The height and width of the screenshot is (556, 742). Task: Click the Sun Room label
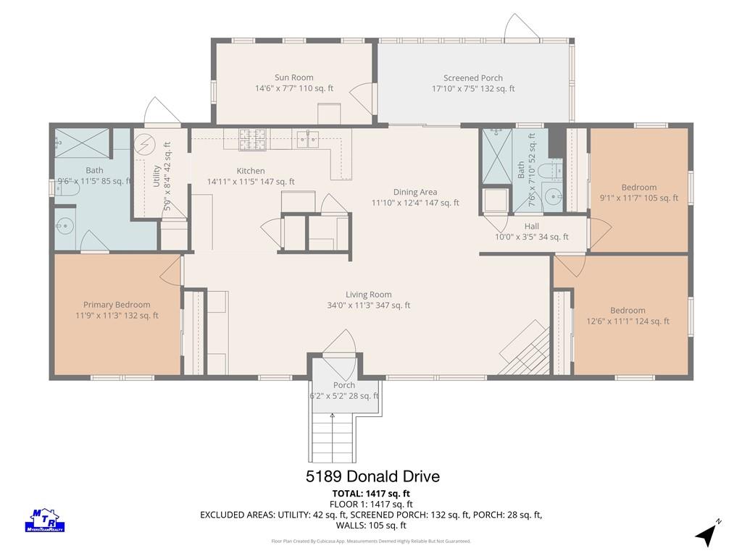point(294,77)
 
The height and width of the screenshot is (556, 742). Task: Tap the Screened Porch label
point(472,78)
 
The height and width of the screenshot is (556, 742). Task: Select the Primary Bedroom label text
point(117,305)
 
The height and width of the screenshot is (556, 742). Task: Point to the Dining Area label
point(415,192)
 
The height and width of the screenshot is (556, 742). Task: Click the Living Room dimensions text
point(369,306)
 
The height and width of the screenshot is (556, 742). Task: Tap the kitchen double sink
point(308,140)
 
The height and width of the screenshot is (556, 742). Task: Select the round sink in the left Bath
point(63,227)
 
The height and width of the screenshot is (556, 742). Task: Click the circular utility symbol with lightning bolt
point(144,144)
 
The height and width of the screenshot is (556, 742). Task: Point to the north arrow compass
point(708,534)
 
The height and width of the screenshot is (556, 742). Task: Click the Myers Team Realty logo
point(44,520)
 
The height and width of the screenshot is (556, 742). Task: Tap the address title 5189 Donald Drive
point(372,476)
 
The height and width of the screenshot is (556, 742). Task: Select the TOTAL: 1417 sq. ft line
point(371,494)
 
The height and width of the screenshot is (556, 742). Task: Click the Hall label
point(531,227)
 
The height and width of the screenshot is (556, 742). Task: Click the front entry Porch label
point(344,385)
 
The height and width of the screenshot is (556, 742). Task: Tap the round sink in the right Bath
point(553,195)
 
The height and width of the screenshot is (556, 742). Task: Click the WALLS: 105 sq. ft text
point(371,526)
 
